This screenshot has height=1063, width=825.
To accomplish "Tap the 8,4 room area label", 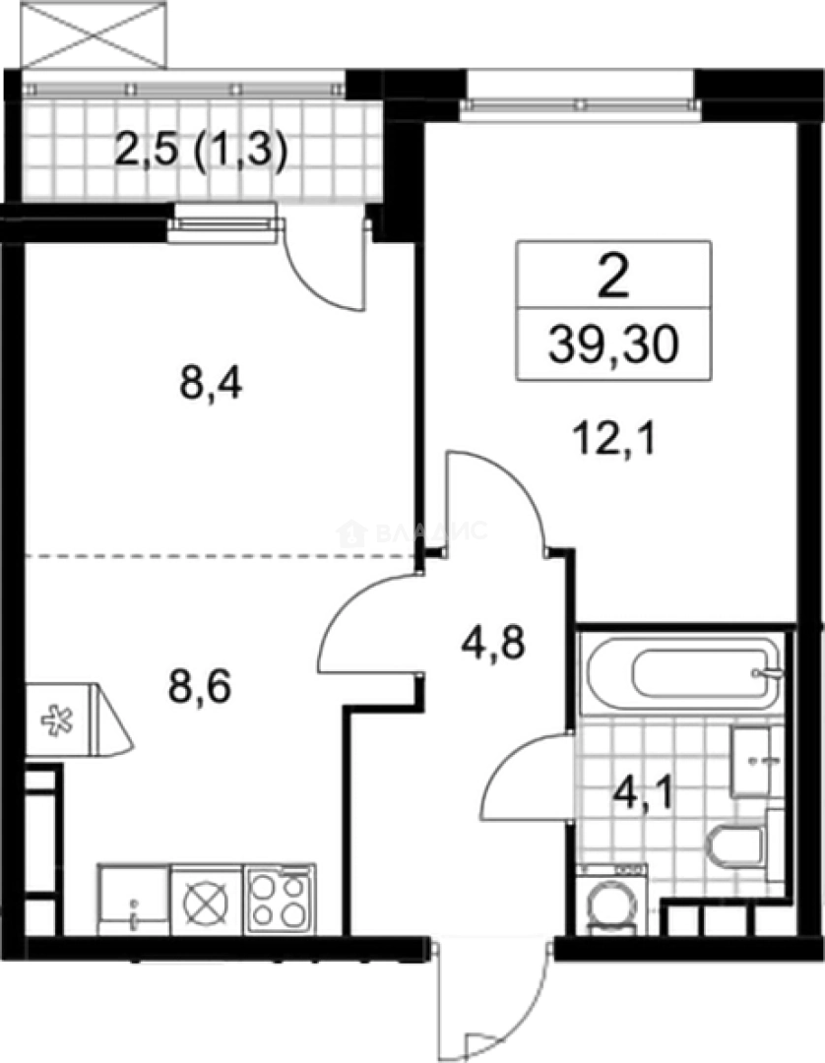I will pyautogui.click(x=211, y=383).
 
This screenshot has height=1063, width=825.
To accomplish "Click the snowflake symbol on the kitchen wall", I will pyautogui.click(x=54, y=719).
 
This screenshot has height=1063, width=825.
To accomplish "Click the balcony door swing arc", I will pyautogui.click(x=325, y=266).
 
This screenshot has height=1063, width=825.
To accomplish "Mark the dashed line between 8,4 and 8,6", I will pyautogui.click(x=217, y=556).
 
